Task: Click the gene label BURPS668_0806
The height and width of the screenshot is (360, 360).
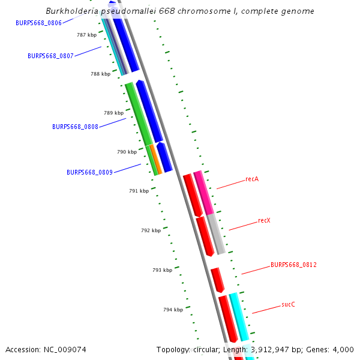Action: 39,23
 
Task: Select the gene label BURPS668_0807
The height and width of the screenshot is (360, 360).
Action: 50,56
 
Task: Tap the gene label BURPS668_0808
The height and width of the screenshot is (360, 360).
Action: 75,127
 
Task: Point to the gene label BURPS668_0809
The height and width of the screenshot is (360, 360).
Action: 89,172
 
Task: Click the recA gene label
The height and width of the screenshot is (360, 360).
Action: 252,179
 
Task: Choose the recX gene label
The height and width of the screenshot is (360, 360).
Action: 264,220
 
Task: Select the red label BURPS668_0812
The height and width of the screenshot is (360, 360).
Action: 293,265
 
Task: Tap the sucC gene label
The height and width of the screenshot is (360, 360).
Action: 288,304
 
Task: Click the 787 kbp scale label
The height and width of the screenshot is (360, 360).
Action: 86,35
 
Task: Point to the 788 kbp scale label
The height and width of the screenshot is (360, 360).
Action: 100,74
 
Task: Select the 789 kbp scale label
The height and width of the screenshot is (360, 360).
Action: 113,113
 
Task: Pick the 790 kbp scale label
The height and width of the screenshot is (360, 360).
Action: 127,152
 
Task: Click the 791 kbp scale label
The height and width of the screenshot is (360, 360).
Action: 139,191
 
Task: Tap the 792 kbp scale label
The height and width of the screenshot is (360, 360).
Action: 151,230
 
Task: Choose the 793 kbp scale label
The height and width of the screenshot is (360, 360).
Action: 162,270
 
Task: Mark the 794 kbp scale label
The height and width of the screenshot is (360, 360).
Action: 173,310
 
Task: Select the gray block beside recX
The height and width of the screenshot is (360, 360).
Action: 217,234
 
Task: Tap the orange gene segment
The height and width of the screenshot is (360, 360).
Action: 156,159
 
